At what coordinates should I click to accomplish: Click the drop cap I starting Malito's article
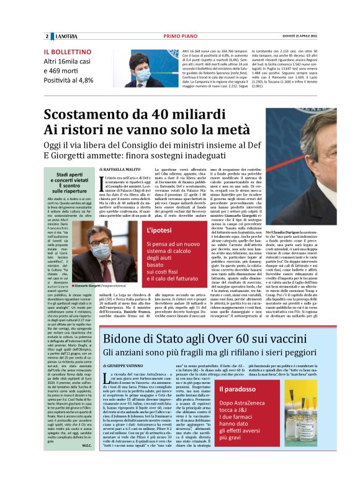pyautogui.click(x=102, y=181)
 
